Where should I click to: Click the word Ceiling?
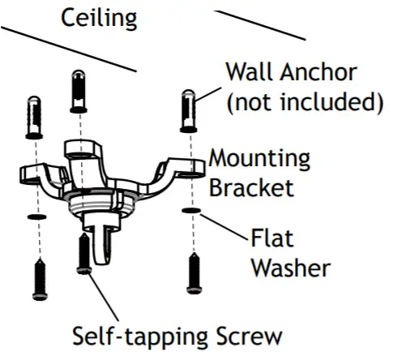point(99,17)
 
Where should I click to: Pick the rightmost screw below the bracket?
point(192,272)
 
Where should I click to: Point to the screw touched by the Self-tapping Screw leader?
point(83,253)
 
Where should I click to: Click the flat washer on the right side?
point(191,212)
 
